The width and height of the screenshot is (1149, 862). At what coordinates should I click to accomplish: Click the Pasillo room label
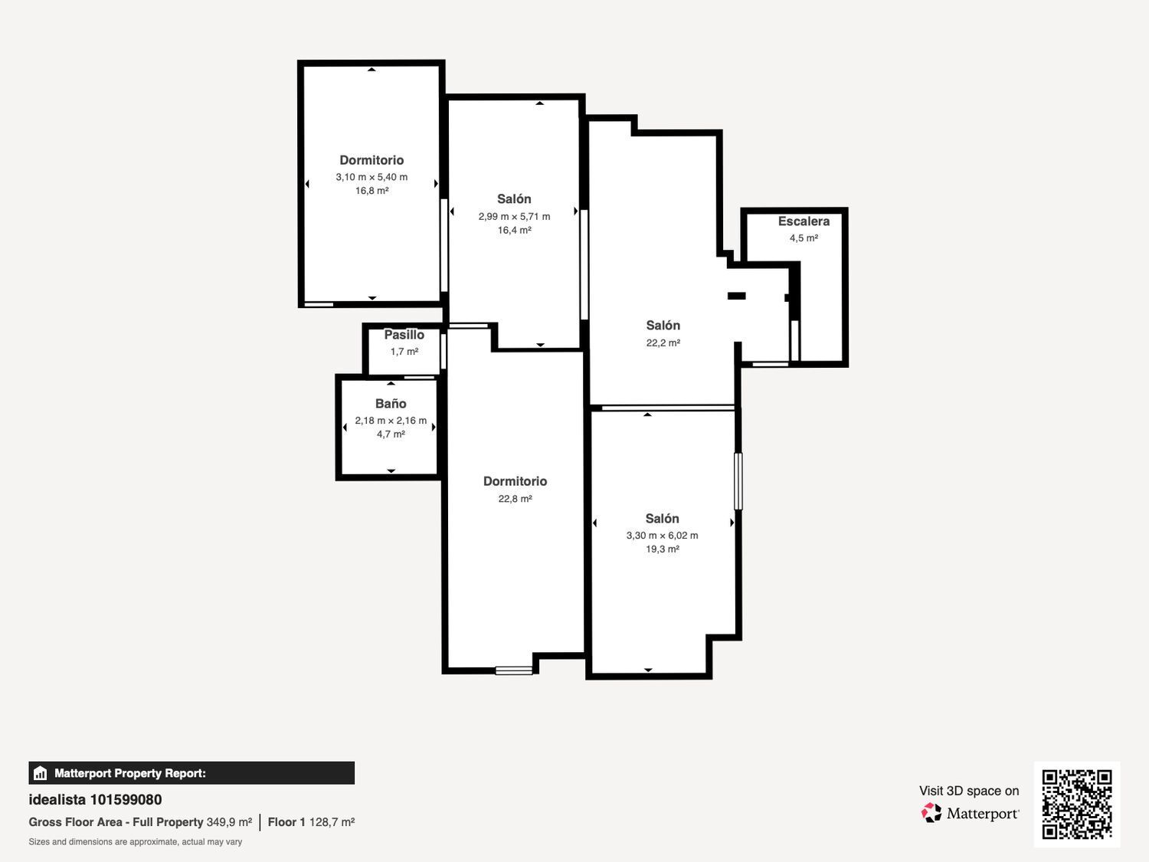pos(404,335)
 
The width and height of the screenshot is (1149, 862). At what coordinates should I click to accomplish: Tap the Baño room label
pos(391,404)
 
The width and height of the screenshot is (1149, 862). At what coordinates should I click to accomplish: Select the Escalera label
pos(804,221)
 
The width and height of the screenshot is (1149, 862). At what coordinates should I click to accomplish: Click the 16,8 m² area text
pos(372,191)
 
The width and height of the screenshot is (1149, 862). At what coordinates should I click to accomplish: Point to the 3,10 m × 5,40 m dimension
pos(372,177)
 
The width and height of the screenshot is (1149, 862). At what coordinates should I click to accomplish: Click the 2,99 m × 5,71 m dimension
pos(514,216)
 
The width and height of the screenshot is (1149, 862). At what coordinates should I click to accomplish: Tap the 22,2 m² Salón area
pos(663,343)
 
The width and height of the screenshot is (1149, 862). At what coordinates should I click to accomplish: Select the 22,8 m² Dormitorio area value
pos(515,499)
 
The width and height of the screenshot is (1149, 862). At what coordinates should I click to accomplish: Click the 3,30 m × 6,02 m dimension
pos(662,536)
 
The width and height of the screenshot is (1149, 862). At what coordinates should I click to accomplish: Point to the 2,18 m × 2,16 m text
pos(391,420)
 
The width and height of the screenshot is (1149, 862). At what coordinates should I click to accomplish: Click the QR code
pos(1077,805)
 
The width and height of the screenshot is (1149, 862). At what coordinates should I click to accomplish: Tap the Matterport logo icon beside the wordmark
pos(931,813)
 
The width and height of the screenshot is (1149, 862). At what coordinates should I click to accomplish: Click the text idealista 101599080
pos(95,800)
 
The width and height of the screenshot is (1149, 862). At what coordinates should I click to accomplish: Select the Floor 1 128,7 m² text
pos(312,822)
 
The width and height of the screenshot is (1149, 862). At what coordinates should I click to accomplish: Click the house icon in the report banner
pos(41,773)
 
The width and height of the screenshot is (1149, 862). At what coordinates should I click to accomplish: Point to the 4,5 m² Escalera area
pos(804,238)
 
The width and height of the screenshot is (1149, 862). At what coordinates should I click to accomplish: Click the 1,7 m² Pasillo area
pos(404,352)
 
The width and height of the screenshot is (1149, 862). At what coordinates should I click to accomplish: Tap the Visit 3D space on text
pos(969,791)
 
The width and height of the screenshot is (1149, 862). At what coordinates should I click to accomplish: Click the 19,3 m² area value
pos(662,549)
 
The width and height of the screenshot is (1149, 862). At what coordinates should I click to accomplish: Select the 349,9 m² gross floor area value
pos(229,822)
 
